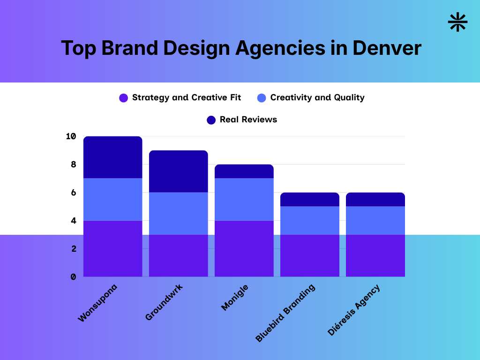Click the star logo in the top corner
click(x=458, y=22)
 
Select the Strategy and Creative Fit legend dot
click(x=124, y=98)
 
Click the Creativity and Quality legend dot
click(x=262, y=98)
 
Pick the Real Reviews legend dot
click(x=211, y=120)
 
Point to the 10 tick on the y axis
click(x=71, y=136)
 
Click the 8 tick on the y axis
click(x=73, y=165)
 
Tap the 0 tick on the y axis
click(x=73, y=277)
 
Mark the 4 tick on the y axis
click(x=73, y=220)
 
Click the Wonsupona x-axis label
click(x=97, y=303)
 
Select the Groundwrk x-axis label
click(x=164, y=302)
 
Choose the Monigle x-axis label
click(x=234, y=297)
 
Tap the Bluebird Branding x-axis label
click(x=285, y=313)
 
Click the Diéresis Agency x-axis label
click(x=354, y=310)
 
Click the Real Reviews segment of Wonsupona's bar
click(x=113, y=157)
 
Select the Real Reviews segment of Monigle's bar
click(x=244, y=171)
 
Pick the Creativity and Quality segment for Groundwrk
click(x=179, y=213)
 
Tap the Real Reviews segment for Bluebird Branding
click(x=310, y=199)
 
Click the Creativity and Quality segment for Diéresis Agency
click(x=375, y=220)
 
